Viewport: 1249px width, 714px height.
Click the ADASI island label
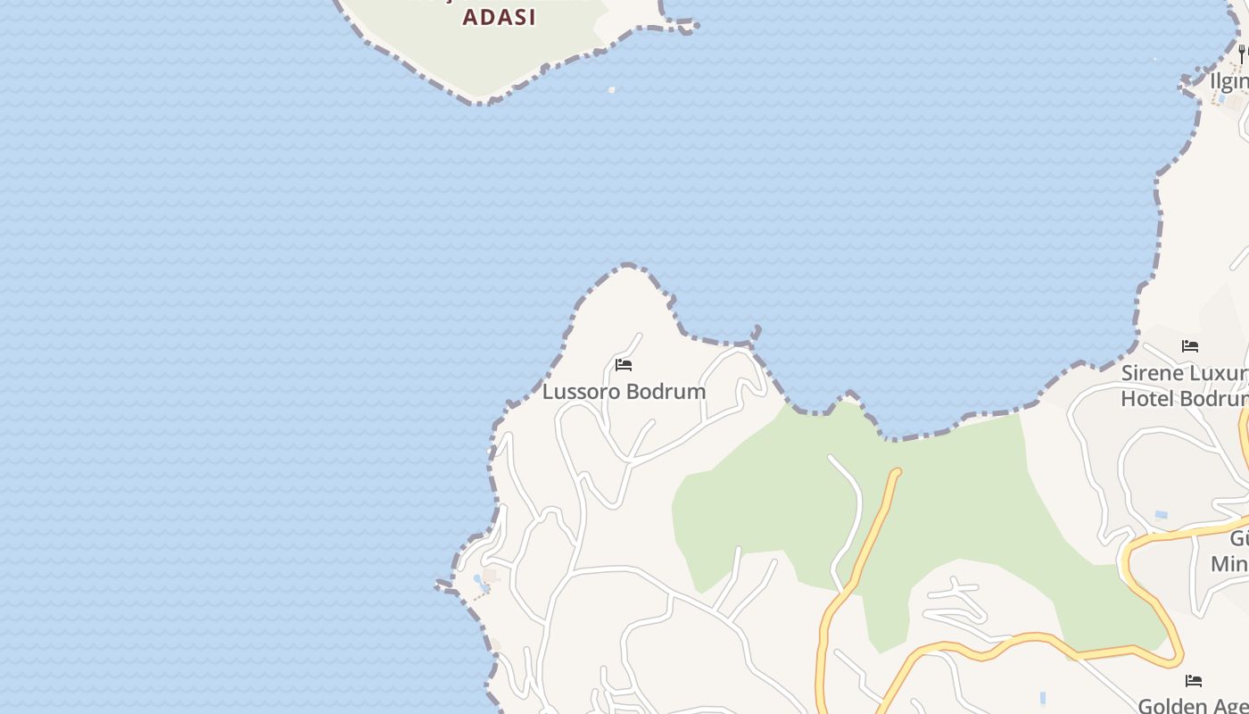499,17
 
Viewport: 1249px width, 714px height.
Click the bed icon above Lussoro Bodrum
624,365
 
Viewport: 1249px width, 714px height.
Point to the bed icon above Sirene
1190,346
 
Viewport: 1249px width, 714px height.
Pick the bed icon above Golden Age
1194,681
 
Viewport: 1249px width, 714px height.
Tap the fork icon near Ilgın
1241,54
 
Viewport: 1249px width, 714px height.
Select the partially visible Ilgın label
1229,81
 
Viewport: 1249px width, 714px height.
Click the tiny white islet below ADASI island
611,89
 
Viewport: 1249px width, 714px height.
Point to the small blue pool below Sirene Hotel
1161,515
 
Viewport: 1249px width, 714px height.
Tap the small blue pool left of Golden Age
1043,698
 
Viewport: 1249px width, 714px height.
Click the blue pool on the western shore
480,582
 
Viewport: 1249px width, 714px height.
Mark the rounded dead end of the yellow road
897,472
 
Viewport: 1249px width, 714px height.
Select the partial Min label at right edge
1229,564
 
